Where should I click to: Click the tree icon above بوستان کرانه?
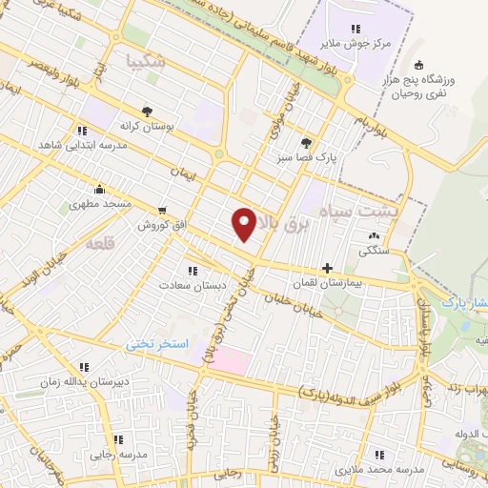(x=146, y=111)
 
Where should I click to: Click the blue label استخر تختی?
(x=161, y=342)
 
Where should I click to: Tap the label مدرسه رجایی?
(x=118, y=455)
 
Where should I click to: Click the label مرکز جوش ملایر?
(x=356, y=43)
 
